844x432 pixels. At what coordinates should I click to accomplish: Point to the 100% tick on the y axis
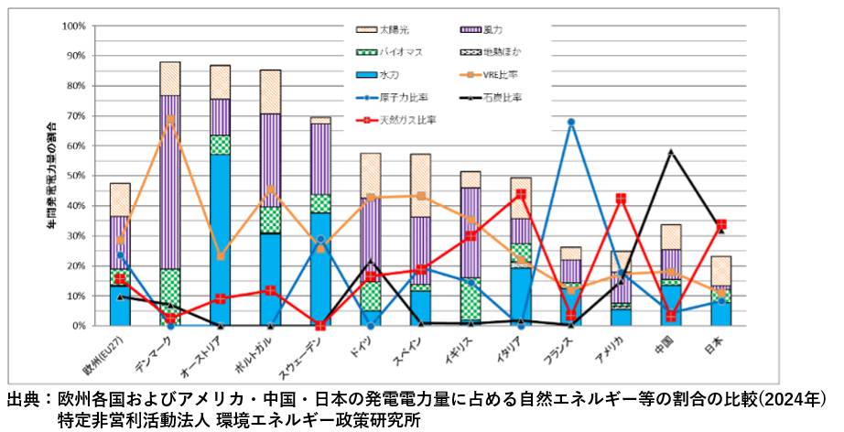(x=70, y=26)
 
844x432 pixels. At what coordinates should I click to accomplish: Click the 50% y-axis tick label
(x=73, y=176)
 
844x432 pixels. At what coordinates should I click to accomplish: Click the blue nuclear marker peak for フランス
(x=570, y=122)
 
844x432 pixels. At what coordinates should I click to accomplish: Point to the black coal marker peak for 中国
(x=671, y=151)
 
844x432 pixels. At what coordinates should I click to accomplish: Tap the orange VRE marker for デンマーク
(x=170, y=119)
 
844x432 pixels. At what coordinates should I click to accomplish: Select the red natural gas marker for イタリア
(x=521, y=194)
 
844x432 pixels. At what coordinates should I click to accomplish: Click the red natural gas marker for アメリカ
(x=621, y=199)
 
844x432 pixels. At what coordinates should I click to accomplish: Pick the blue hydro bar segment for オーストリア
(x=220, y=238)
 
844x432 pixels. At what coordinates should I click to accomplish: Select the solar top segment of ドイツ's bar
(x=370, y=175)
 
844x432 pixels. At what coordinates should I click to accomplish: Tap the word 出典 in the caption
(x=25, y=400)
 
